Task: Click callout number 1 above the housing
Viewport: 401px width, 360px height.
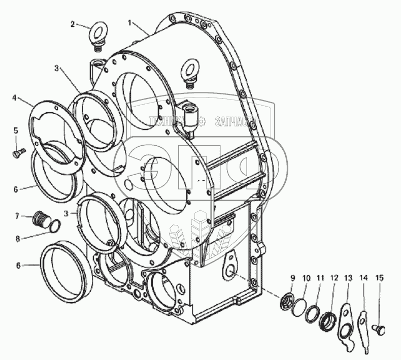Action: [130, 23]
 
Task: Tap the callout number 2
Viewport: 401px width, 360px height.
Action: [73, 24]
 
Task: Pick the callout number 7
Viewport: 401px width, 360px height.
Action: [16, 216]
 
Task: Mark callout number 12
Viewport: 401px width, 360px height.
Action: [333, 278]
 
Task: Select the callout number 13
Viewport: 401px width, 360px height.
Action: [348, 278]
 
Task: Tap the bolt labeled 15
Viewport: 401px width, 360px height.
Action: [378, 329]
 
